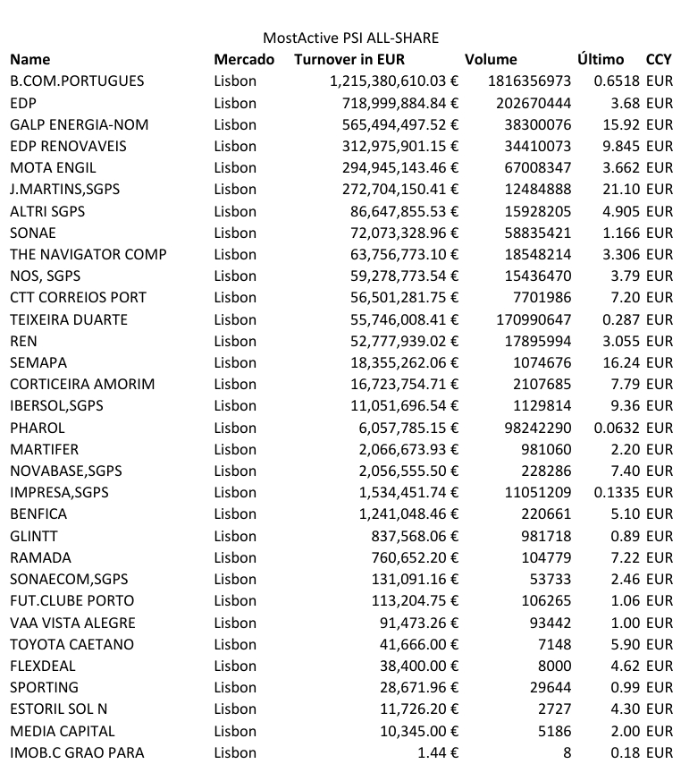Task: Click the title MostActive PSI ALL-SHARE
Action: coord(350,38)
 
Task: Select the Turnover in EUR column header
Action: coord(349,59)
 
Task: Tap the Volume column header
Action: coord(491,59)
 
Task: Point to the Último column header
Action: coord(601,59)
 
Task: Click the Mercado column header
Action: coord(244,59)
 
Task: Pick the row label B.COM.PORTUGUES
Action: coord(77,81)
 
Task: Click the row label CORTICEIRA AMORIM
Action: coord(82,384)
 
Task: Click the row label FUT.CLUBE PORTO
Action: coord(72,600)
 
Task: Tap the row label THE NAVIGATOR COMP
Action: coord(88,254)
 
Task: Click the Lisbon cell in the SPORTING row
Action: coord(235,687)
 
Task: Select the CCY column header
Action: coord(659,59)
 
